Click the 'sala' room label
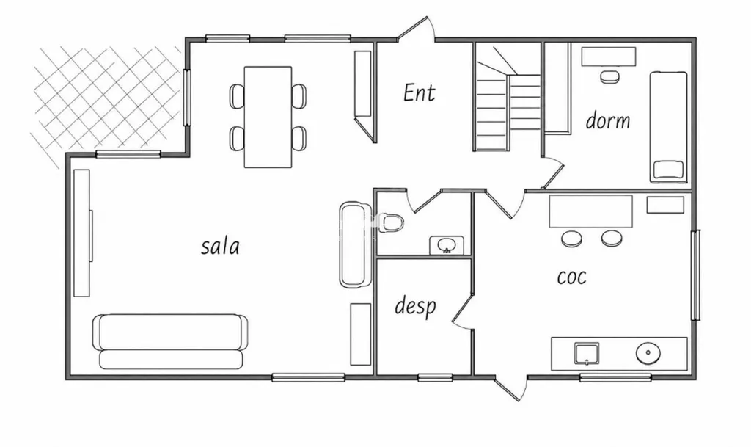click(x=220, y=247)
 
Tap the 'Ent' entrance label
click(x=420, y=93)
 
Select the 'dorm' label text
click(x=608, y=120)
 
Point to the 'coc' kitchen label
click(x=572, y=277)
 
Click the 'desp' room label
click(x=415, y=305)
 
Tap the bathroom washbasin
click(x=447, y=245)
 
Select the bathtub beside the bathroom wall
click(x=356, y=244)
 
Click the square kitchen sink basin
click(x=587, y=354)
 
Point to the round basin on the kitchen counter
click(x=648, y=353)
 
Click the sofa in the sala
click(x=170, y=341)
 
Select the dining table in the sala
click(x=268, y=117)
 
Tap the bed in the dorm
click(x=668, y=127)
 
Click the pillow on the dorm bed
click(x=669, y=170)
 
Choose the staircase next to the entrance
click(x=508, y=98)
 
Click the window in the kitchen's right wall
click(x=696, y=275)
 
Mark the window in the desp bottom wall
click(x=435, y=377)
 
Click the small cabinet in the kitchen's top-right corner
click(x=665, y=205)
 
